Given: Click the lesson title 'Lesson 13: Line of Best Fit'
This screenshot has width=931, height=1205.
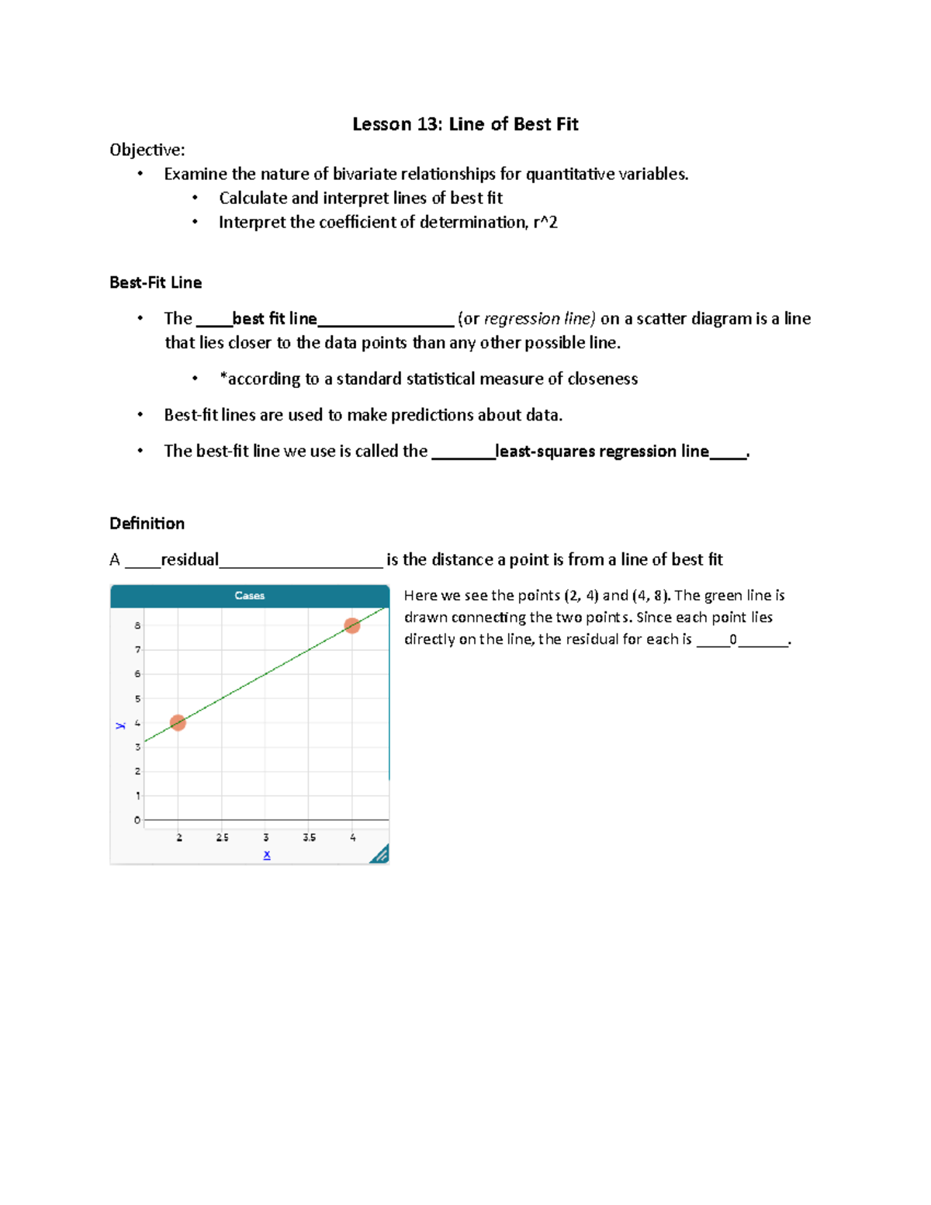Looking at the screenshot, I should pyautogui.click(x=465, y=124).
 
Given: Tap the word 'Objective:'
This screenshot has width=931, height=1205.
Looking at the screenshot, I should pyautogui.click(x=147, y=150).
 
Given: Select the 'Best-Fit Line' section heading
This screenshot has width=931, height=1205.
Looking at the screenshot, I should pyautogui.click(x=155, y=282).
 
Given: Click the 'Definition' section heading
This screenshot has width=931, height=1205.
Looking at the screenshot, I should pyautogui.click(x=147, y=523).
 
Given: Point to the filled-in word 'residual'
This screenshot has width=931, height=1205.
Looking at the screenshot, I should pyautogui.click(x=189, y=559).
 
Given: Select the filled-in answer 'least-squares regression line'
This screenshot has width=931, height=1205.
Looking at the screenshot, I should pyautogui.click(x=602, y=452).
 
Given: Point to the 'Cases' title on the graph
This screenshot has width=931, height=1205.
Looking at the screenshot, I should pyautogui.click(x=249, y=596).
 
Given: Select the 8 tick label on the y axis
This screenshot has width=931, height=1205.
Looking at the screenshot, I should pyautogui.click(x=138, y=625).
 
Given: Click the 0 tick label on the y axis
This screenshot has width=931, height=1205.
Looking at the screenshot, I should pyautogui.click(x=137, y=820).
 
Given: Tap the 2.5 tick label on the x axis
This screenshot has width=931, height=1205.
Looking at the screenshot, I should pyautogui.click(x=222, y=838).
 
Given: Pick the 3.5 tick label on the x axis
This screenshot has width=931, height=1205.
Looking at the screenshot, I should pyautogui.click(x=309, y=838).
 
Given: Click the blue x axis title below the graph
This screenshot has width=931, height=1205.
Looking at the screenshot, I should pyautogui.click(x=267, y=855).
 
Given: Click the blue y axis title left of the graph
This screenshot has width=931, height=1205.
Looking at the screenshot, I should pyautogui.click(x=120, y=725).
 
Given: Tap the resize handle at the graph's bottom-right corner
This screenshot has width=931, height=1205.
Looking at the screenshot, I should pyautogui.click(x=379, y=854).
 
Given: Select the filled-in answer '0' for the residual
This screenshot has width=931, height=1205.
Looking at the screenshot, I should pyautogui.click(x=733, y=640).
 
